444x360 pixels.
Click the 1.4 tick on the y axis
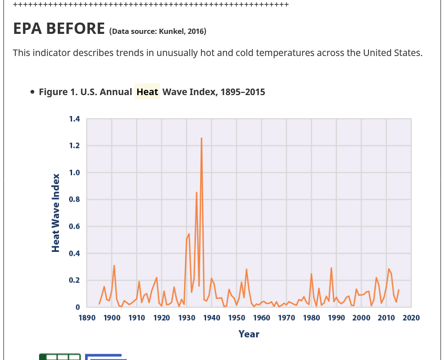click(x=74, y=119)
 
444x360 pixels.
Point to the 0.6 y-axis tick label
click(x=74, y=227)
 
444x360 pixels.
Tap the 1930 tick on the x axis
click(x=187, y=318)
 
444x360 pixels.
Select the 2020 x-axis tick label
click(x=411, y=318)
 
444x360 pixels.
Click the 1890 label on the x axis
click(x=87, y=318)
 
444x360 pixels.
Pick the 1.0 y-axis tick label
click(x=74, y=173)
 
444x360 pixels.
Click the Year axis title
click(x=249, y=334)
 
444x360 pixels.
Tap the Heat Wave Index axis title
click(x=56, y=213)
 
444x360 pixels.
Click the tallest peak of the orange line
click(x=201, y=139)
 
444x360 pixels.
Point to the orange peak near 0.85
click(x=197, y=192)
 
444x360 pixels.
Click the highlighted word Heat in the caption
click(x=147, y=92)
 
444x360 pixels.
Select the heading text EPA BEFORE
click(x=59, y=29)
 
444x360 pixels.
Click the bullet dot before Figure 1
click(x=33, y=92)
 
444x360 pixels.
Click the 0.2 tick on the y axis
click(x=74, y=281)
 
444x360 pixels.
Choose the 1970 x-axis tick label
click(x=286, y=318)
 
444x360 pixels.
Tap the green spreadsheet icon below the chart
click(x=60, y=357)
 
